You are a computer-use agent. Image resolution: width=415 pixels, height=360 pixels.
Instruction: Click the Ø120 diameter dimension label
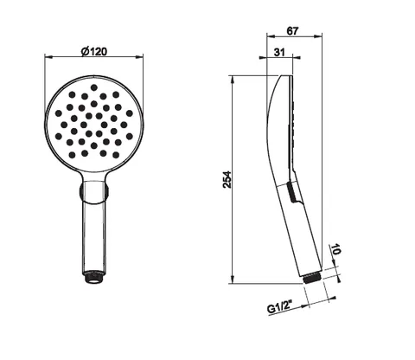[x=94, y=51]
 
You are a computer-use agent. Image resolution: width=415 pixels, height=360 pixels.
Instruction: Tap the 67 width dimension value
[x=292, y=31]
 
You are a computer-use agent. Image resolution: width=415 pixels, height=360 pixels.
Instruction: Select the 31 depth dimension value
[x=279, y=52]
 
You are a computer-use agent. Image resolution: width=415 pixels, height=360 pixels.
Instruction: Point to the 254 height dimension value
[x=227, y=179]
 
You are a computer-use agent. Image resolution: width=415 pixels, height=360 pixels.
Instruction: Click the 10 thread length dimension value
[x=336, y=249]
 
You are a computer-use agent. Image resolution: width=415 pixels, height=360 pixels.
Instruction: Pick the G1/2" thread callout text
[x=279, y=307]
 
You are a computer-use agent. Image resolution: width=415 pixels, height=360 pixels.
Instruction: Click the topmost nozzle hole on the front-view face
[x=94, y=87]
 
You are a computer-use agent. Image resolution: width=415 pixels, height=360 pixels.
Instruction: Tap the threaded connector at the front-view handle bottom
[x=94, y=277]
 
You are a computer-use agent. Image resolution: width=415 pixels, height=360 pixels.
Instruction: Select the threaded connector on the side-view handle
[x=312, y=278]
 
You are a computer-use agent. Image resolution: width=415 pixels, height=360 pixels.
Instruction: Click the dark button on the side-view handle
[x=292, y=192]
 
